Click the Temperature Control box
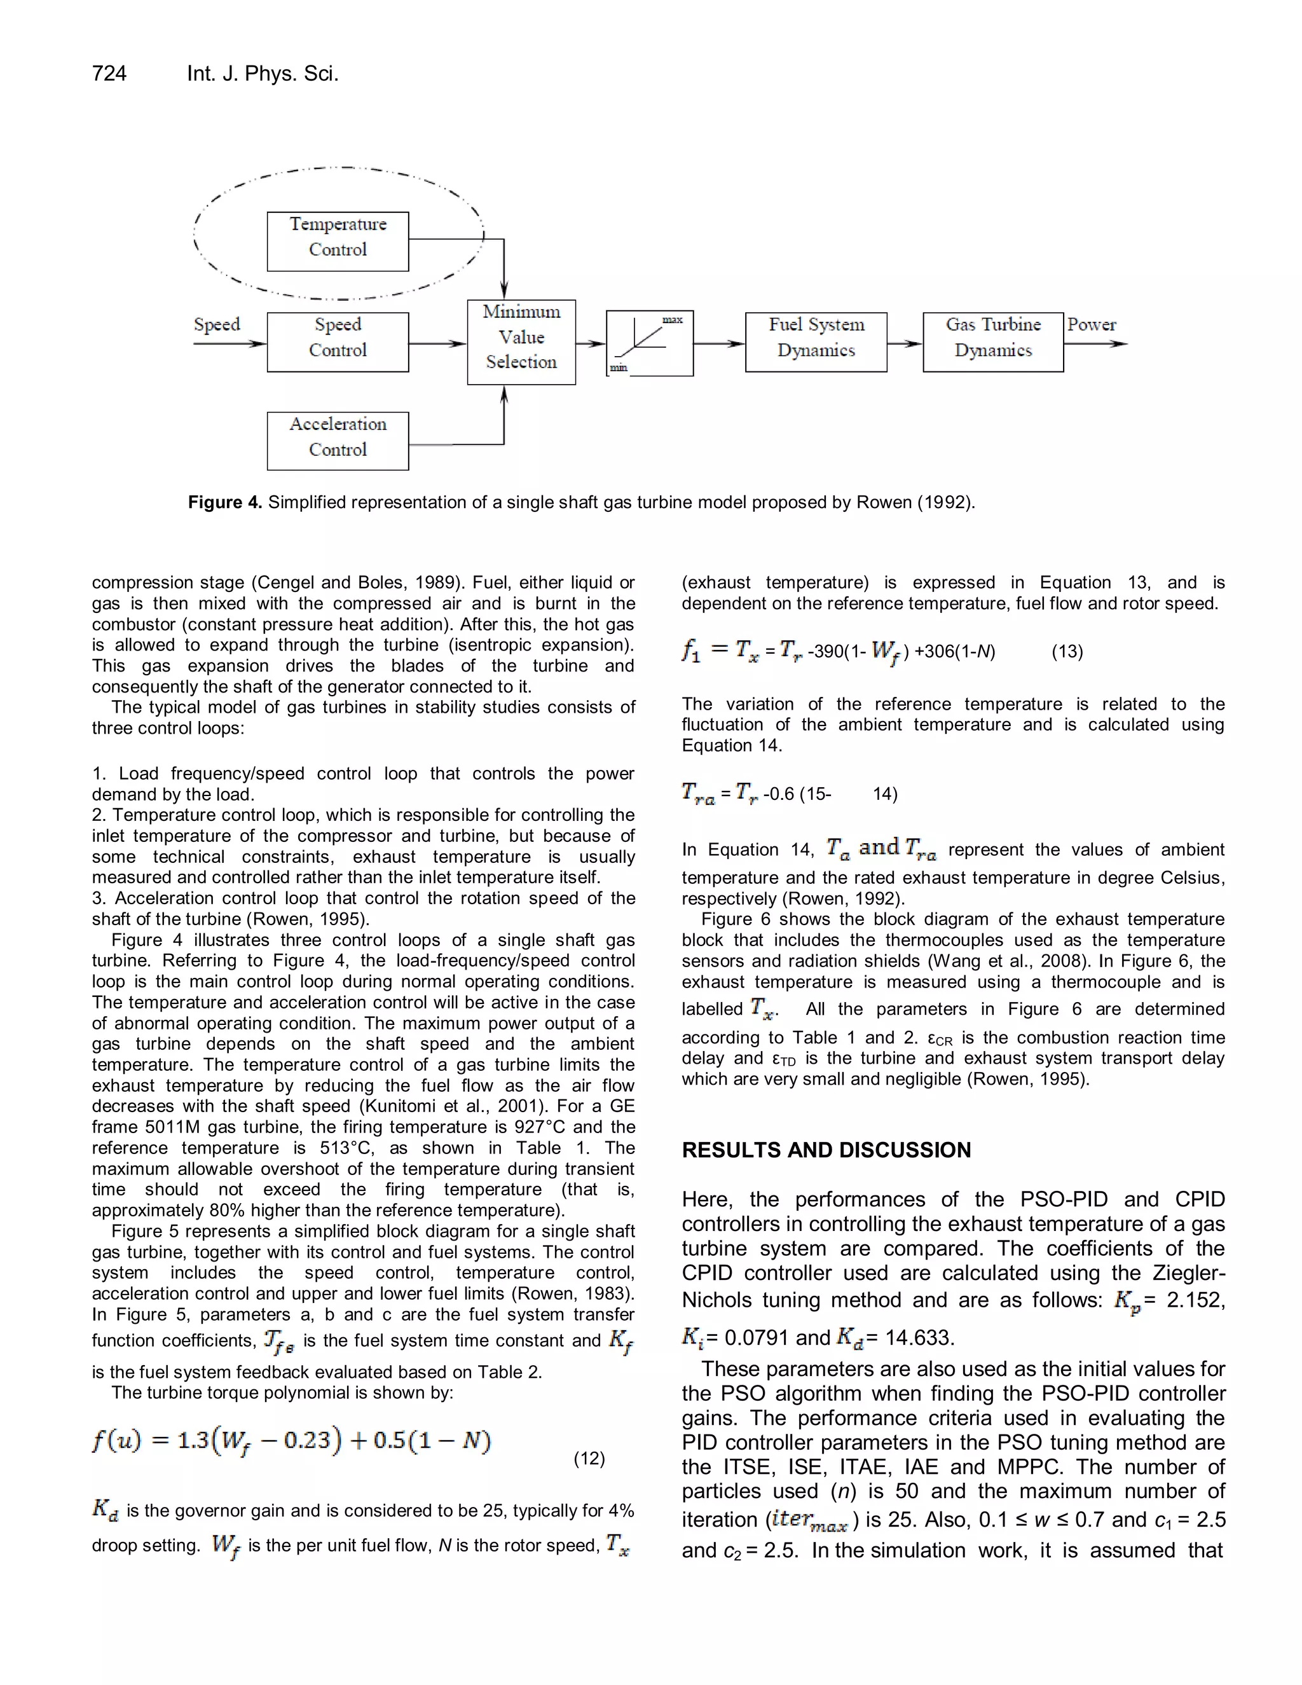[338, 242]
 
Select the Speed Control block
[338, 342]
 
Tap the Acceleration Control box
[338, 441]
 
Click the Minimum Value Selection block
[521, 342]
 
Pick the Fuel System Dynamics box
[816, 342]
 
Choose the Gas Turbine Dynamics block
[994, 342]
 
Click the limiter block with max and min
[650, 343]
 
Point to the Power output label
[1092, 325]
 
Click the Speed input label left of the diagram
[217, 325]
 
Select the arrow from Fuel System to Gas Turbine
[905, 343]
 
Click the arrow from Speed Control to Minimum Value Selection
[437, 343]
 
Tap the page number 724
[109, 74]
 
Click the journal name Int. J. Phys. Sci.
[263, 74]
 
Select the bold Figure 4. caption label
[224, 503]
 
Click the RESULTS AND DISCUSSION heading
[826, 1150]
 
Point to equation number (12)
[589, 1458]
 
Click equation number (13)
[1067, 652]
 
